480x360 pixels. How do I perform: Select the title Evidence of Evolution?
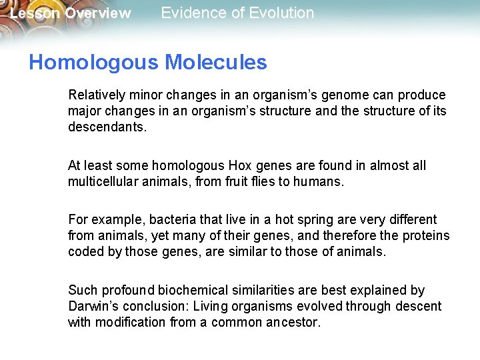point(237,13)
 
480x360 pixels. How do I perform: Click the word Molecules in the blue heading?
point(215,63)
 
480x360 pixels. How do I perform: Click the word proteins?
point(425,235)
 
